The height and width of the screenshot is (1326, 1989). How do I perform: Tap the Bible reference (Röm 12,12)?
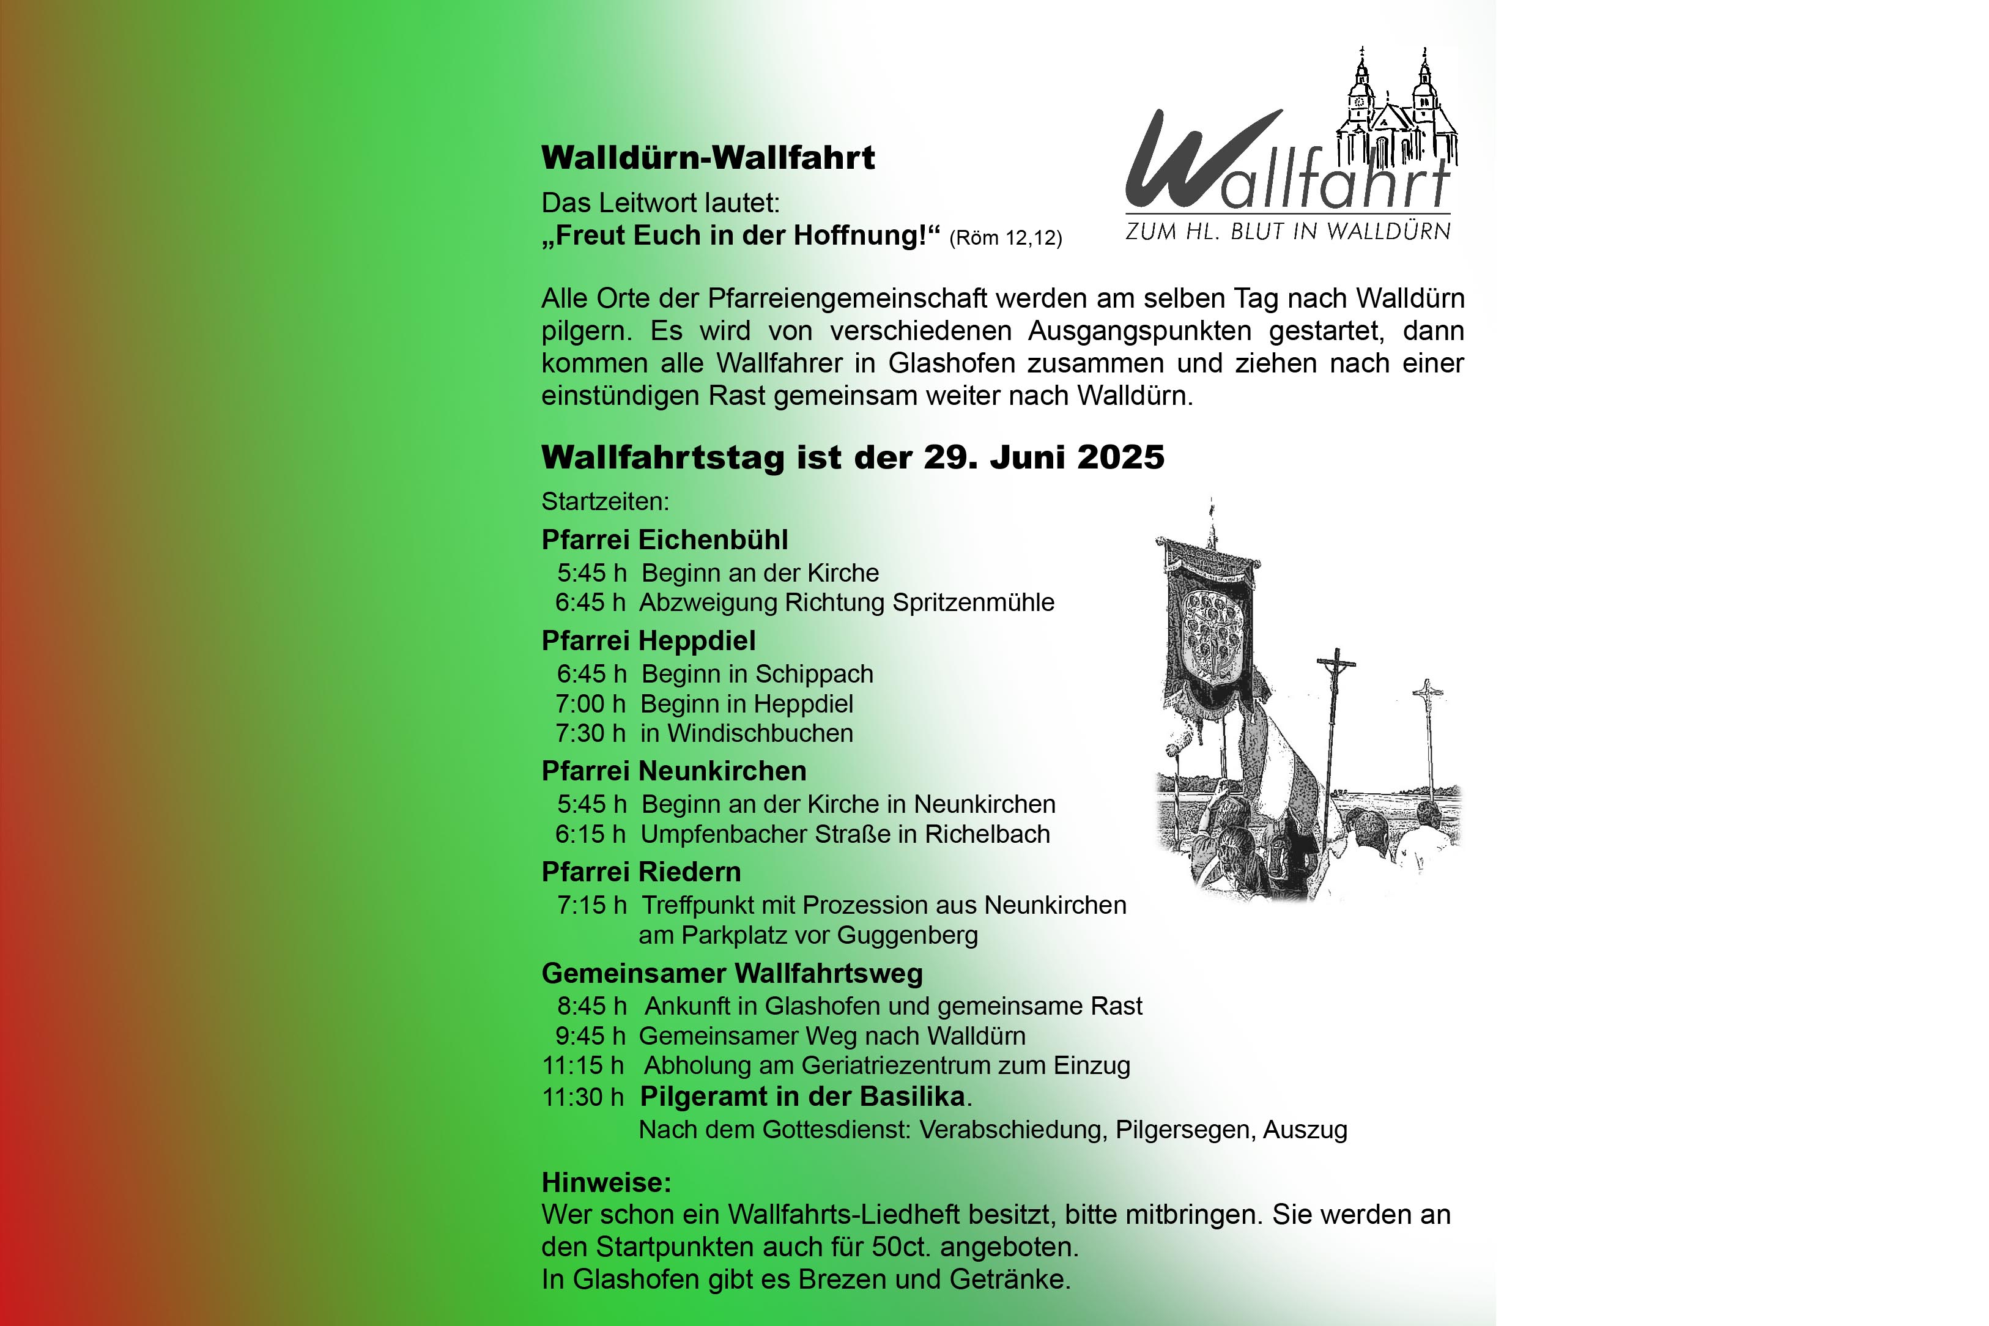click(1006, 239)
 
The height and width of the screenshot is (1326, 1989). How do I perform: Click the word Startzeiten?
click(605, 502)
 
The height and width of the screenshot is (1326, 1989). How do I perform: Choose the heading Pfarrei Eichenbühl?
click(665, 539)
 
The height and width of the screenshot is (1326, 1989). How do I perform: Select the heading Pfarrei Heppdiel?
click(648, 641)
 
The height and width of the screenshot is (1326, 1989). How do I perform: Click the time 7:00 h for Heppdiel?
click(590, 703)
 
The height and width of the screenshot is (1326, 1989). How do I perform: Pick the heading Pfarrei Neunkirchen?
click(674, 771)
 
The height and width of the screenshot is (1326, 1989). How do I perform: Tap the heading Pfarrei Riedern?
click(641, 872)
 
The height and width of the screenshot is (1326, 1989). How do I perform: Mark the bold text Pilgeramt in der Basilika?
click(802, 1097)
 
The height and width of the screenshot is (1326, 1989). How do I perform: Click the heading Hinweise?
click(606, 1182)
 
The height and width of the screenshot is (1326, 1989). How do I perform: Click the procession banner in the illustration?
click(1209, 626)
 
